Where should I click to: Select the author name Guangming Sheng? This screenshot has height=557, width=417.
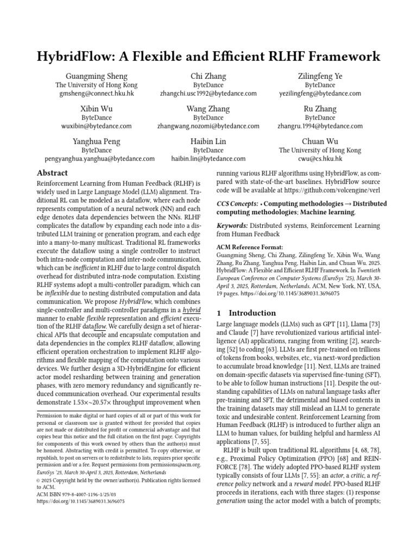pyautogui.click(x=97, y=76)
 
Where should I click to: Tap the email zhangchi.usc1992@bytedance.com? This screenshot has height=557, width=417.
pyautogui.click(x=208, y=94)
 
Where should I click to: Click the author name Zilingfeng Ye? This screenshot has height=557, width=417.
pyautogui.click(x=320, y=76)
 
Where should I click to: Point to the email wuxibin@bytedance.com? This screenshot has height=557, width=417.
pyautogui.click(x=97, y=126)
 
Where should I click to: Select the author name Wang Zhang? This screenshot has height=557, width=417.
pyautogui.click(x=208, y=109)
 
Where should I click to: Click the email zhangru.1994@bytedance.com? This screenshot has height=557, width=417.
pyautogui.click(x=320, y=126)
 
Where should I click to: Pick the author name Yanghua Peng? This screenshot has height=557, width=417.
pyautogui.click(x=97, y=141)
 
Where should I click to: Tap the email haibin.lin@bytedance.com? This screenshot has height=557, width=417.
pyautogui.click(x=208, y=159)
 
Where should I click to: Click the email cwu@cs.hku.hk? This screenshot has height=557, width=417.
pyautogui.click(x=320, y=159)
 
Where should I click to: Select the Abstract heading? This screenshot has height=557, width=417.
pyautogui.click(x=52, y=172)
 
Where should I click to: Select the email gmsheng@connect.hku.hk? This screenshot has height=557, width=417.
pyautogui.click(x=97, y=94)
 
